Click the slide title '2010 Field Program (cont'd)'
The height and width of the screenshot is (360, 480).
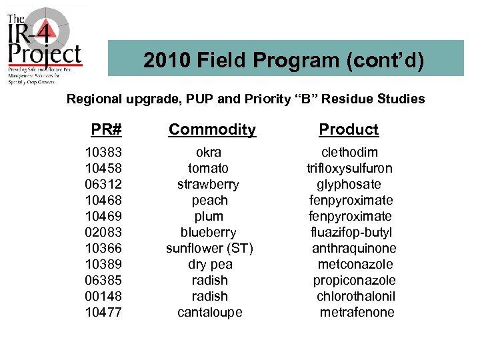[x=284, y=61]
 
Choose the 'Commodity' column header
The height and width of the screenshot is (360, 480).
[x=212, y=129]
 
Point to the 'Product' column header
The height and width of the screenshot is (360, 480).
[x=349, y=129]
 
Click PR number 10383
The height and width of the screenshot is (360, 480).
[x=104, y=152]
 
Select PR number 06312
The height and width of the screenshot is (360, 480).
[x=104, y=184]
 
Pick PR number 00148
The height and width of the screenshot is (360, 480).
[x=104, y=296]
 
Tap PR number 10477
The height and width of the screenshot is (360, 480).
[x=104, y=312]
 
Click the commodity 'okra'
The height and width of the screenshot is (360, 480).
[x=209, y=152]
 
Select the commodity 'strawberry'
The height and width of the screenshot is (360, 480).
[x=208, y=184]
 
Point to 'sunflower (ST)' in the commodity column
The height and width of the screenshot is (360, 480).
[x=209, y=248]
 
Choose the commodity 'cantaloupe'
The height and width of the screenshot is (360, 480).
[x=209, y=312]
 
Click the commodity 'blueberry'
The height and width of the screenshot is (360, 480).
[x=208, y=232]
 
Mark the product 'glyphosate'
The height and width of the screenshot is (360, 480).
[x=349, y=184]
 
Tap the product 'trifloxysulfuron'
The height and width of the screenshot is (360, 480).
[x=349, y=168]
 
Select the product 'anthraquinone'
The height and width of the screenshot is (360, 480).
[x=354, y=248]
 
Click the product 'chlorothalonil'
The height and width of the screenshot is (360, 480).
[x=356, y=296]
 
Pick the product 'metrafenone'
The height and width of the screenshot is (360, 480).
[x=357, y=312]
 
